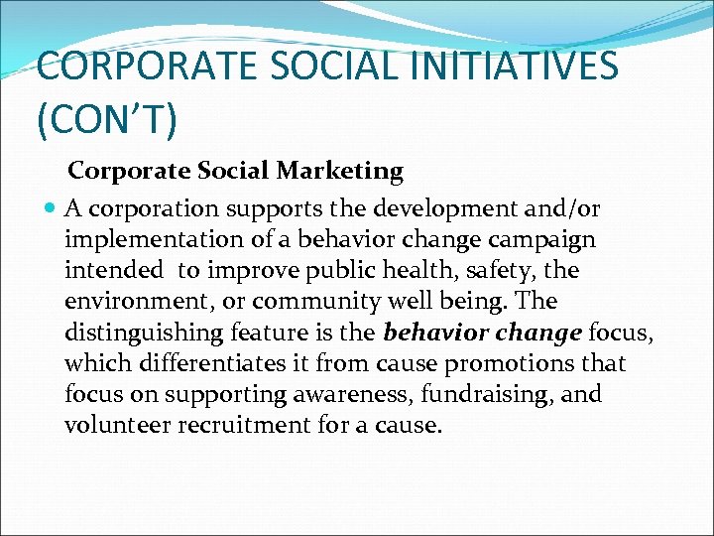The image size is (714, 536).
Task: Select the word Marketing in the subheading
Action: tap(340, 172)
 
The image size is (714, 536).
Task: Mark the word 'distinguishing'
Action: tap(147, 333)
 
